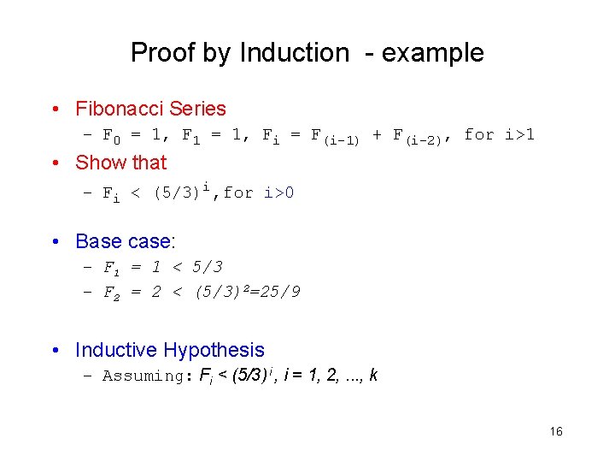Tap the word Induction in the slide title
point(294,53)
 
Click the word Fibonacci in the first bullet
point(120,109)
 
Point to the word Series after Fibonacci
point(197,109)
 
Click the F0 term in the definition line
point(112,136)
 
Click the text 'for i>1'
point(499,134)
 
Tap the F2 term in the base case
point(112,293)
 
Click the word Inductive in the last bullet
point(115,350)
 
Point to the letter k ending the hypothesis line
point(374,376)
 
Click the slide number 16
point(556,432)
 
